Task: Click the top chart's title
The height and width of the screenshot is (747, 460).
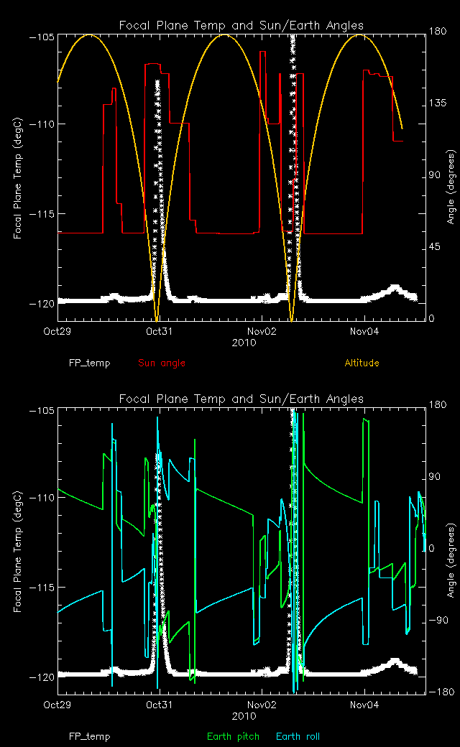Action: pyautogui.click(x=241, y=26)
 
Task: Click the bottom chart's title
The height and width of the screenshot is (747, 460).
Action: pyautogui.click(x=241, y=399)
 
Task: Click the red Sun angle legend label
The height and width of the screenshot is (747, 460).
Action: pyautogui.click(x=162, y=363)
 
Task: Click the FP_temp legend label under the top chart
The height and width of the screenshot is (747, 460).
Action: pyautogui.click(x=90, y=363)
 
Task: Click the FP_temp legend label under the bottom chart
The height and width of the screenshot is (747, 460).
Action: pyautogui.click(x=90, y=736)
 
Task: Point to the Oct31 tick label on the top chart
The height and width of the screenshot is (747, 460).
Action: pyautogui.click(x=157, y=331)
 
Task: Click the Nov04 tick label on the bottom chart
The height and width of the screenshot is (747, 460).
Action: pyautogui.click(x=364, y=705)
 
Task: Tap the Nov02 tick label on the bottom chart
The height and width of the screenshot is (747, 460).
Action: pyautogui.click(x=261, y=705)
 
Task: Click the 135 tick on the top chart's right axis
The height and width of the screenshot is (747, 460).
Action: pyautogui.click(x=438, y=103)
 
